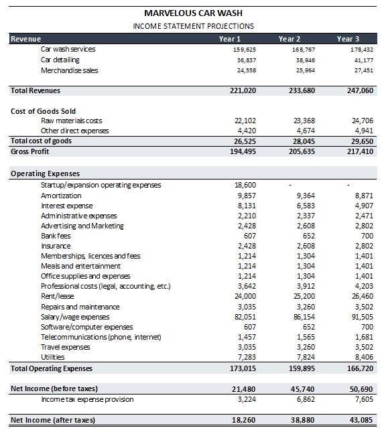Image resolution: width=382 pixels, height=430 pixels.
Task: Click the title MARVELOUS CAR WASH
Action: click(193, 13)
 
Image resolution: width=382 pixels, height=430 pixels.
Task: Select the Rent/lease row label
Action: click(59, 297)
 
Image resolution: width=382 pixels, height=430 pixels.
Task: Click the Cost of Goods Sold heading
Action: click(43, 111)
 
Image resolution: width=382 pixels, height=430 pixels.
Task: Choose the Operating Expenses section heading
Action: click(45, 173)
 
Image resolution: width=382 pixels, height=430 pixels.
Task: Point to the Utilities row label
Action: click(54, 358)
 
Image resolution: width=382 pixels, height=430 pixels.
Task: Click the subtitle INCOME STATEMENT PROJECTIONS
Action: click(193, 26)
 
